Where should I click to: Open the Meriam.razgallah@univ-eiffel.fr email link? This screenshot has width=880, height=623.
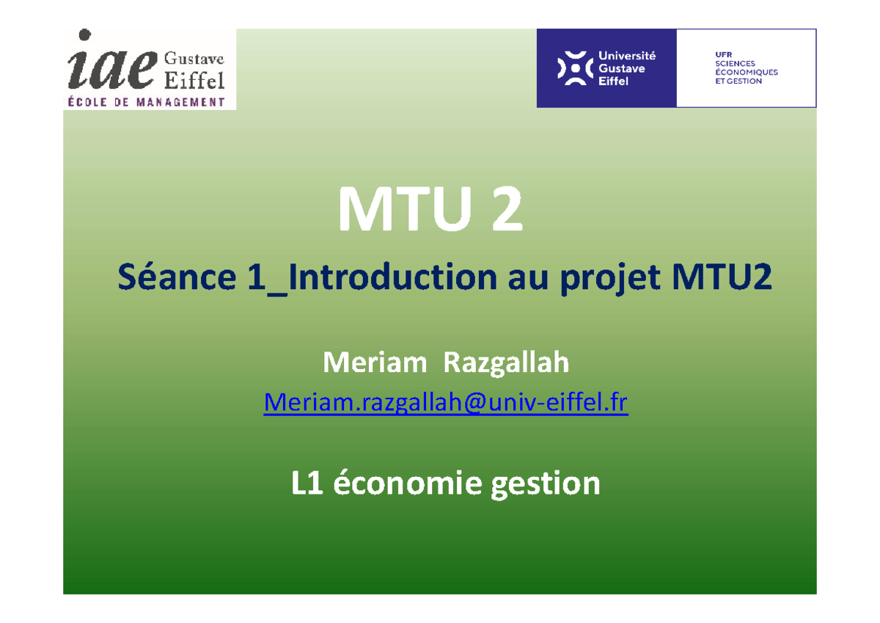446,401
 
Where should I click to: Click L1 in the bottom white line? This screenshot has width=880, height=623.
309,484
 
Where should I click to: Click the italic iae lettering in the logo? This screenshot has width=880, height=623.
111,66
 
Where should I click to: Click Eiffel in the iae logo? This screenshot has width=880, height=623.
194,79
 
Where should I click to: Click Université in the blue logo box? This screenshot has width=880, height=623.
627,55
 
